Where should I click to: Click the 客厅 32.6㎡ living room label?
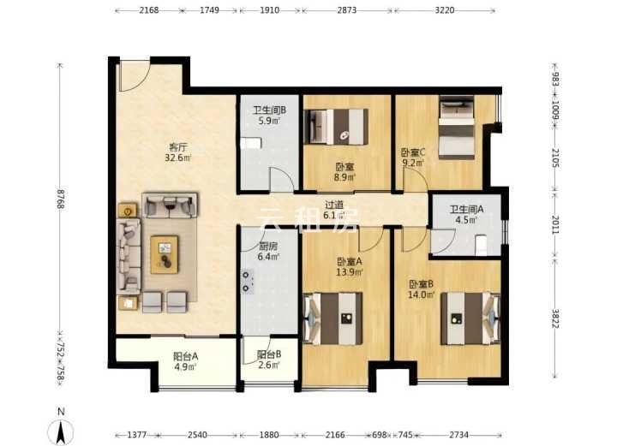click(x=178, y=153)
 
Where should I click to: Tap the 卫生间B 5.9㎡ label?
click(x=269, y=116)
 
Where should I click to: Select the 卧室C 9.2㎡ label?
click(x=413, y=158)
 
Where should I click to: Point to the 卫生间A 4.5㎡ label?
click(x=467, y=215)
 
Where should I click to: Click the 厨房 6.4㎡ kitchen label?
click(x=268, y=252)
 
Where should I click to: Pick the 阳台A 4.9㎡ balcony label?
click(x=185, y=361)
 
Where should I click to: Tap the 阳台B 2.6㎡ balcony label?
click(x=269, y=360)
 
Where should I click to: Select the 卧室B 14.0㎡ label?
click(x=421, y=289)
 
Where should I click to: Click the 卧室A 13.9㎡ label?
click(x=350, y=266)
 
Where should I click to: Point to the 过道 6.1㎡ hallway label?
click(x=334, y=210)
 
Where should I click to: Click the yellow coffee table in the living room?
click(x=165, y=254)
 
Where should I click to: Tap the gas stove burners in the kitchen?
click(x=247, y=282)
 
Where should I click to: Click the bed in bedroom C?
click(x=457, y=128)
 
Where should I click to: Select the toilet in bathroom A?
click(x=482, y=245)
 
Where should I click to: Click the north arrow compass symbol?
click(x=61, y=431)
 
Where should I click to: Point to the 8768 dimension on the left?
click(x=60, y=199)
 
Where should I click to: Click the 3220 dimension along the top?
click(x=445, y=10)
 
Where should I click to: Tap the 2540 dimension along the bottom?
click(x=198, y=435)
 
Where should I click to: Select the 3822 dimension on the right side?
click(x=555, y=318)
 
